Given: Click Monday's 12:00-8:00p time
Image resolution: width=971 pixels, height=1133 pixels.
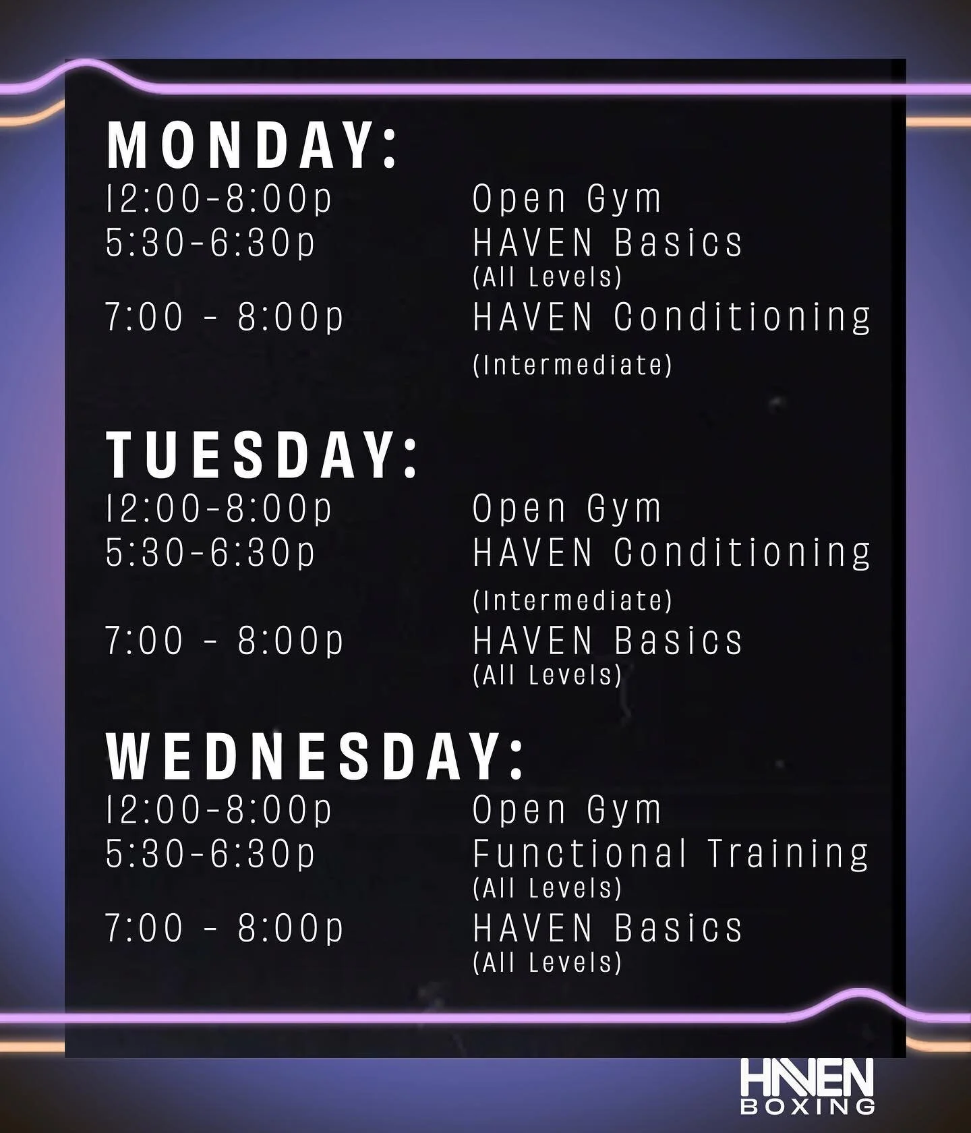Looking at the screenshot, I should [x=219, y=199].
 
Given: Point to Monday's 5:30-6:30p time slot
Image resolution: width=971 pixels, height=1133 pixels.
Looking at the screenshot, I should [x=210, y=243].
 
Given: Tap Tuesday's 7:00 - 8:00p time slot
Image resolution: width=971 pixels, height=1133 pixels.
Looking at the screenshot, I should [x=224, y=640].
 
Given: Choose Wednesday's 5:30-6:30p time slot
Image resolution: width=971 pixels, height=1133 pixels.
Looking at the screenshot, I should [x=210, y=853].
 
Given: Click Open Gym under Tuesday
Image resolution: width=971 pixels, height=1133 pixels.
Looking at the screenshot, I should [x=566, y=509].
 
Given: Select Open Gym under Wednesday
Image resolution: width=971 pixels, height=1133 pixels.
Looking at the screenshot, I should [x=566, y=809].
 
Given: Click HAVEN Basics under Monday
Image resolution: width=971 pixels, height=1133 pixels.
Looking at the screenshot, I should [x=607, y=243].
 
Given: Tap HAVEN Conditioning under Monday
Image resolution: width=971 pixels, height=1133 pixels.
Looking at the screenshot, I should [x=672, y=317].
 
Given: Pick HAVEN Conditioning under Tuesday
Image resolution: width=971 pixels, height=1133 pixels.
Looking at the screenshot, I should [x=672, y=552].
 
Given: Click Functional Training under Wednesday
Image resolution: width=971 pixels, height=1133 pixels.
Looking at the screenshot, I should [x=670, y=853].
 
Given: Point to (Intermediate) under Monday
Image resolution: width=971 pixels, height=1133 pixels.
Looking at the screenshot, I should [x=572, y=365].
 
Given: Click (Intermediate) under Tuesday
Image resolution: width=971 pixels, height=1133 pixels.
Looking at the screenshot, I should [x=572, y=600].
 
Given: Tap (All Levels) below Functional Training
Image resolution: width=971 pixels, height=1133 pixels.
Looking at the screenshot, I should [x=547, y=888].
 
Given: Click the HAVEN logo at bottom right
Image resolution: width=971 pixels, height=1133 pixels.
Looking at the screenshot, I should [x=806, y=1078].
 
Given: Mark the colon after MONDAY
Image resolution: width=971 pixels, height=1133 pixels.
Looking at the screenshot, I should [x=389, y=148].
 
